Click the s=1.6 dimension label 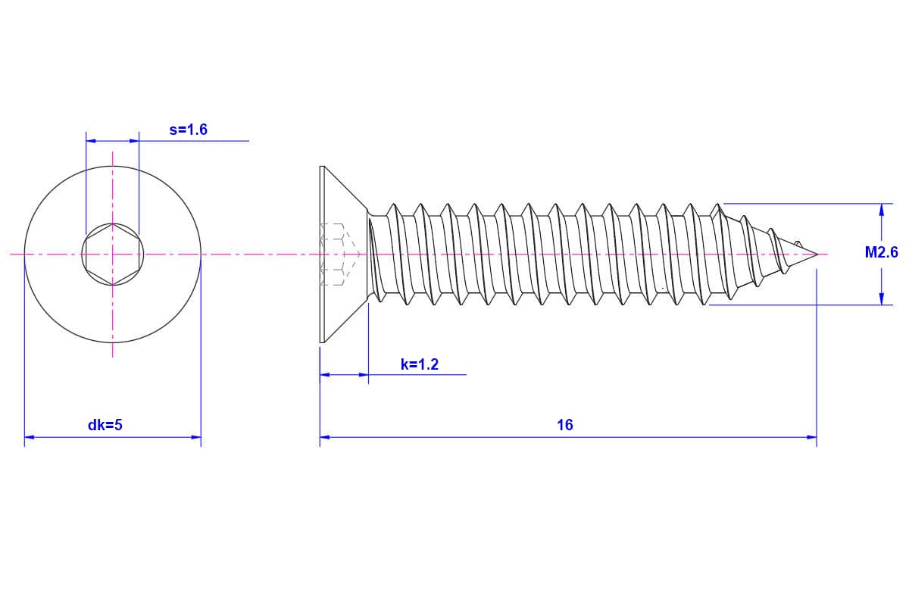point(188,130)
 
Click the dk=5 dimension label point(105,426)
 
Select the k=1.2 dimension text point(420,365)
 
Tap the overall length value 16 point(565,426)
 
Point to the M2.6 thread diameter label point(881,253)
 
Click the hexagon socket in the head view point(113,255)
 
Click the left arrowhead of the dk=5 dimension point(30,437)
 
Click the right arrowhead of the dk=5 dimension point(196,437)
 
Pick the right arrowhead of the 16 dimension point(811,437)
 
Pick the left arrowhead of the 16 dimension point(325,437)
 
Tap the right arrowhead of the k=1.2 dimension point(364,374)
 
